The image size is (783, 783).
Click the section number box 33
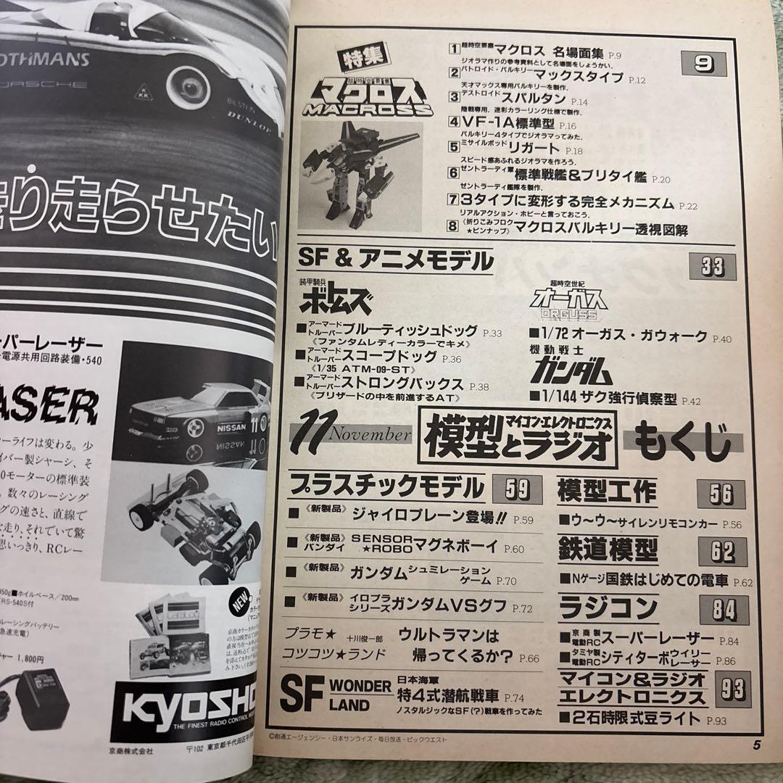[713, 267]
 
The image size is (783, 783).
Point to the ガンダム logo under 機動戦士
[569, 371]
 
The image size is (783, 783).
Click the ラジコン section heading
[598, 607]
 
